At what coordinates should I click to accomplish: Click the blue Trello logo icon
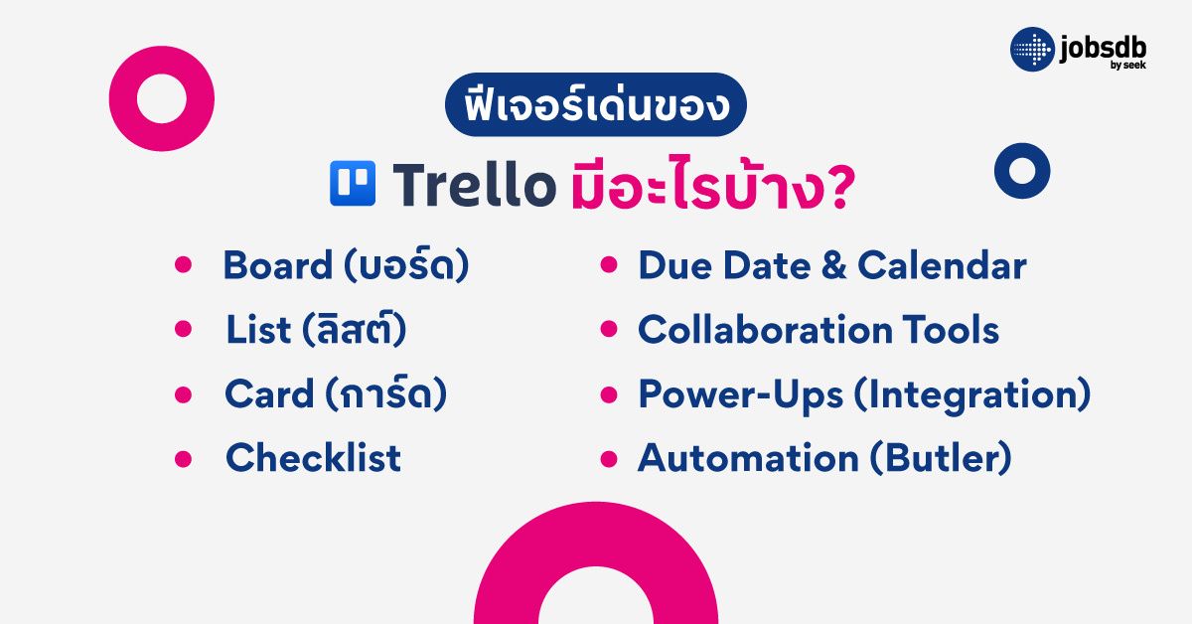[353, 184]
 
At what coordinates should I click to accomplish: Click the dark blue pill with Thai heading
[595, 105]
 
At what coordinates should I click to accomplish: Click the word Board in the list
[277, 266]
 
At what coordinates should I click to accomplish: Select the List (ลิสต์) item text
[316, 331]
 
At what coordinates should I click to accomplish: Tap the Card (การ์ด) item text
[335, 394]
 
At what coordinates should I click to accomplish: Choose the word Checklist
[313, 458]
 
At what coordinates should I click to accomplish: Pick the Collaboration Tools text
[818, 331]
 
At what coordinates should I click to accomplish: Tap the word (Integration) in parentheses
[971, 394]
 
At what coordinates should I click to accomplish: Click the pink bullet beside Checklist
[183, 459]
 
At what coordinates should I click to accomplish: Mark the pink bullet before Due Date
[611, 266]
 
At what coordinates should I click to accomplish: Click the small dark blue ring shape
[1022, 170]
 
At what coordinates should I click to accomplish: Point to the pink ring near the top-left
[162, 98]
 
